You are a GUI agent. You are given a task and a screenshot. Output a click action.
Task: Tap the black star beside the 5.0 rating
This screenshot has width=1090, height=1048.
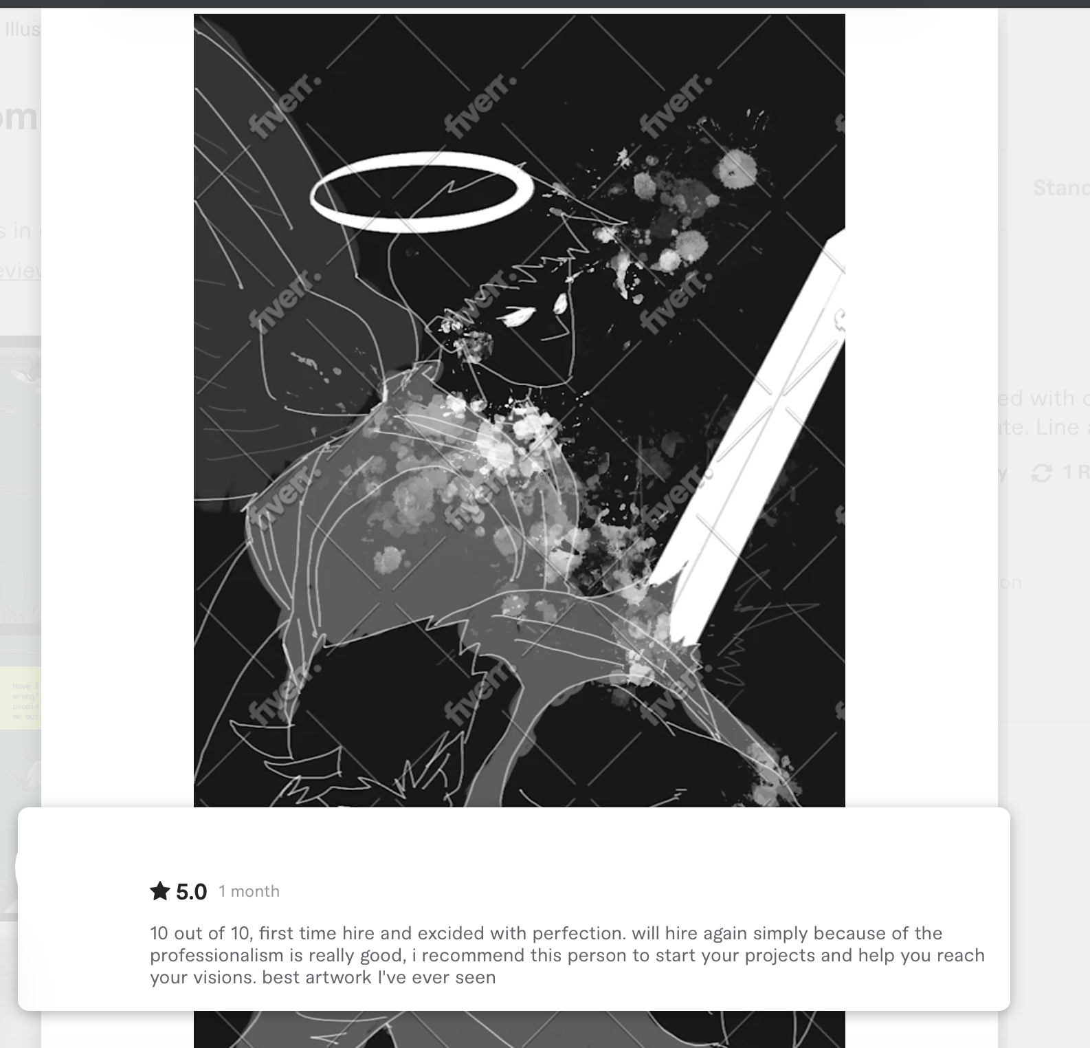point(159,891)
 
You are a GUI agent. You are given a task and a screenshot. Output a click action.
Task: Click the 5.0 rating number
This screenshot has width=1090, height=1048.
point(191,892)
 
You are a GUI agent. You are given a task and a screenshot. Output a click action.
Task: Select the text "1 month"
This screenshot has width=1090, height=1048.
point(249,891)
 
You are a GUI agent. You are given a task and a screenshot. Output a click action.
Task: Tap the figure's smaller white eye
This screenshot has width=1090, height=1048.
point(560,303)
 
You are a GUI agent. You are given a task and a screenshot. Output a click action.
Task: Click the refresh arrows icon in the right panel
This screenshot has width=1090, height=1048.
point(1041,472)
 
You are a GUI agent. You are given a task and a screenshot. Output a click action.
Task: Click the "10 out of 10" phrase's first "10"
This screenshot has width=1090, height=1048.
point(159,933)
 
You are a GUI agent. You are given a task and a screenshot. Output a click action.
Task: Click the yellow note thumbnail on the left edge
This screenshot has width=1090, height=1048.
point(26,698)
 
